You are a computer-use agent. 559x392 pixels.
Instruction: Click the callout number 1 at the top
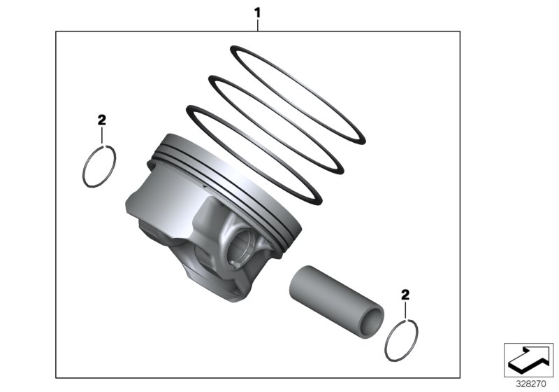click(x=258, y=12)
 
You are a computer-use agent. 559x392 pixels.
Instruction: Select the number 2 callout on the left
click(x=102, y=120)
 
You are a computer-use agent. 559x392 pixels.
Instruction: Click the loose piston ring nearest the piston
click(x=256, y=154)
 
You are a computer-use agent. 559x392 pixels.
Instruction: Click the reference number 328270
click(x=529, y=384)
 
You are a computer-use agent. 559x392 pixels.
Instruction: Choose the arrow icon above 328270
click(x=528, y=359)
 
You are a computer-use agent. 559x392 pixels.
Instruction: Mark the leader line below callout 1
click(x=258, y=24)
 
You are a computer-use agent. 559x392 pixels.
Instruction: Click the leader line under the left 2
click(x=102, y=134)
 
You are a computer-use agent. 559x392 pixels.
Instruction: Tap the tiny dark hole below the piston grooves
click(x=201, y=187)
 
